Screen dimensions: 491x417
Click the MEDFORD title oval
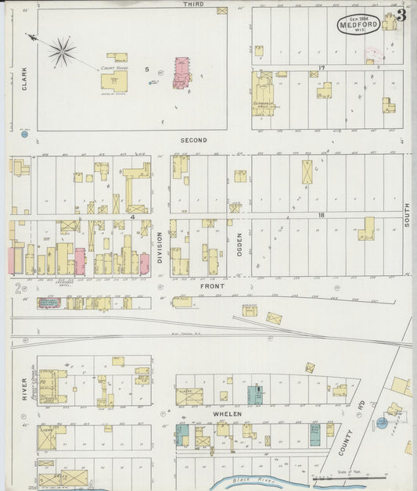[358, 23]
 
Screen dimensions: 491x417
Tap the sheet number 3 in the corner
[401, 14]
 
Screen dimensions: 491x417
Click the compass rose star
[61, 51]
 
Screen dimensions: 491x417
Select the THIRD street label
[193, 5]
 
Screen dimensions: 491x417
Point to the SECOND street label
[193, 140]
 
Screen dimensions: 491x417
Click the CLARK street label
[24, 77]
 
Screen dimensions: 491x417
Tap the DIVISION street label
[160, 246]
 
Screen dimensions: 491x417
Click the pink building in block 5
[182, 73]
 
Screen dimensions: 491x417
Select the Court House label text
[113, 69]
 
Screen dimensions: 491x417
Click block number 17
[322, 67]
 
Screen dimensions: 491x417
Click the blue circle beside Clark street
[24, 134]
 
